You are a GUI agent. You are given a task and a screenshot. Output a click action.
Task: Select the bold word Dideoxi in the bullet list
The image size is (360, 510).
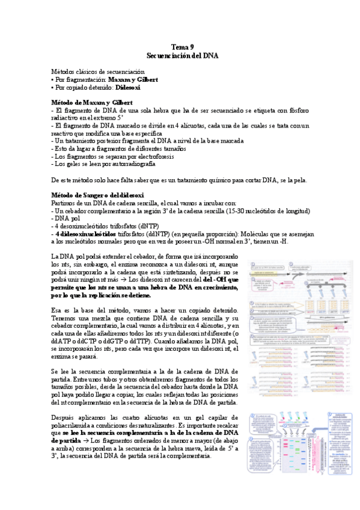click(x=128, y=87)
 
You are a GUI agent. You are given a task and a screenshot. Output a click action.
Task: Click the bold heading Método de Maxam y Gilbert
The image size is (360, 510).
click(x=92, y=102)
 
